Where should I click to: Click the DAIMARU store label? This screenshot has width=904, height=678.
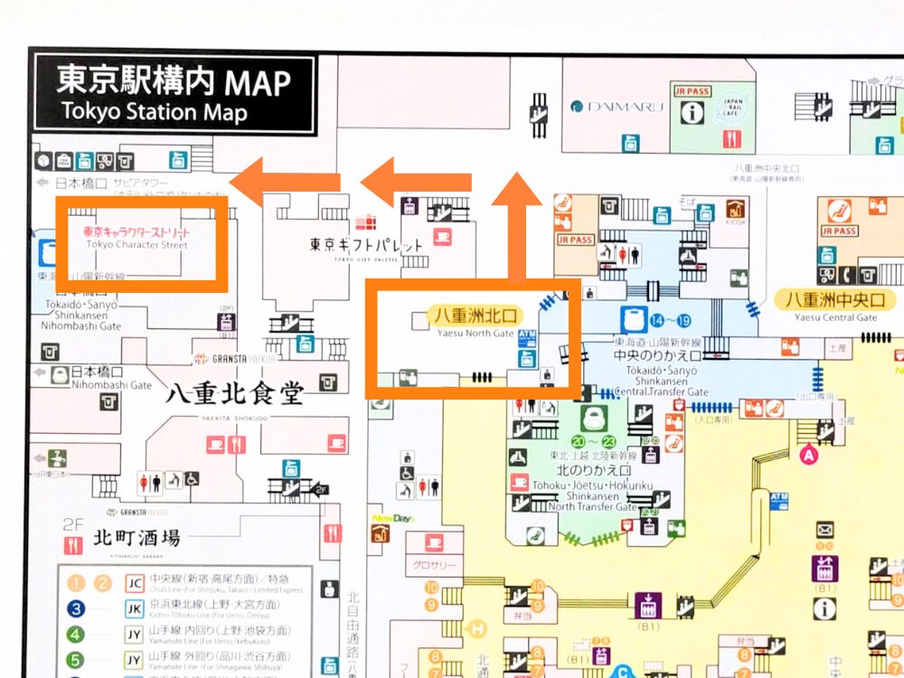617,107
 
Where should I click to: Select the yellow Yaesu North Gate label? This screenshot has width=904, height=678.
476,315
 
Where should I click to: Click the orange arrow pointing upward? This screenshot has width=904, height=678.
518,226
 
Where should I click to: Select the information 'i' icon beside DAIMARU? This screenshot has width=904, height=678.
692,112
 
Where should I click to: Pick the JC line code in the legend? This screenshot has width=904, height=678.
135,582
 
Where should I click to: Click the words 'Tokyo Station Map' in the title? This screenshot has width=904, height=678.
154,113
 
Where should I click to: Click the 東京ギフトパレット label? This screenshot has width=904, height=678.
366,245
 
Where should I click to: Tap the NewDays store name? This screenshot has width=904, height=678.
392,518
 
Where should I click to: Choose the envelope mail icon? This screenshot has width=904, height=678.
824,530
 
